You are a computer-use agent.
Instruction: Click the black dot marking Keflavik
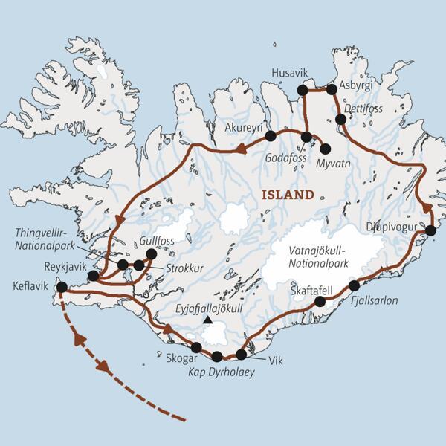pyautogui.click(x=62, y=287)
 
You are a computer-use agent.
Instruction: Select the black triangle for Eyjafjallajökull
pyautogui.click(x=208, y=320)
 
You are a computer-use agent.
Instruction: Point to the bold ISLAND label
pyautogui.click(x=286, y=195)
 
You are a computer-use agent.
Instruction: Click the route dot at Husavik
pyautogui.click(x=302, y=90)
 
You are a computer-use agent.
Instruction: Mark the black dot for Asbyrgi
pyautogui.click(x=332, y=90)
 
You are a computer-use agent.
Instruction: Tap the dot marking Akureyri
pyautogui.click(x=271, y=136)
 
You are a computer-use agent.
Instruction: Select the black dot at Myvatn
pyautogui.click(x=325, y=149)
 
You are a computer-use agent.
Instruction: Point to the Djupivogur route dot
pyautogui.click(x=430, y=230)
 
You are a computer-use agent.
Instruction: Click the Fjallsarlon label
pyautogui.click(x=376, y=301)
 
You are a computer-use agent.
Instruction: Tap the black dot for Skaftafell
pyautogui.click(x=320, y=301)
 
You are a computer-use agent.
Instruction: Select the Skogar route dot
pyautogui.click(x=196, y=347)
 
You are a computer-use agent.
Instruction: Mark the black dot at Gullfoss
pyautogui.click(x=152, y=254)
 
